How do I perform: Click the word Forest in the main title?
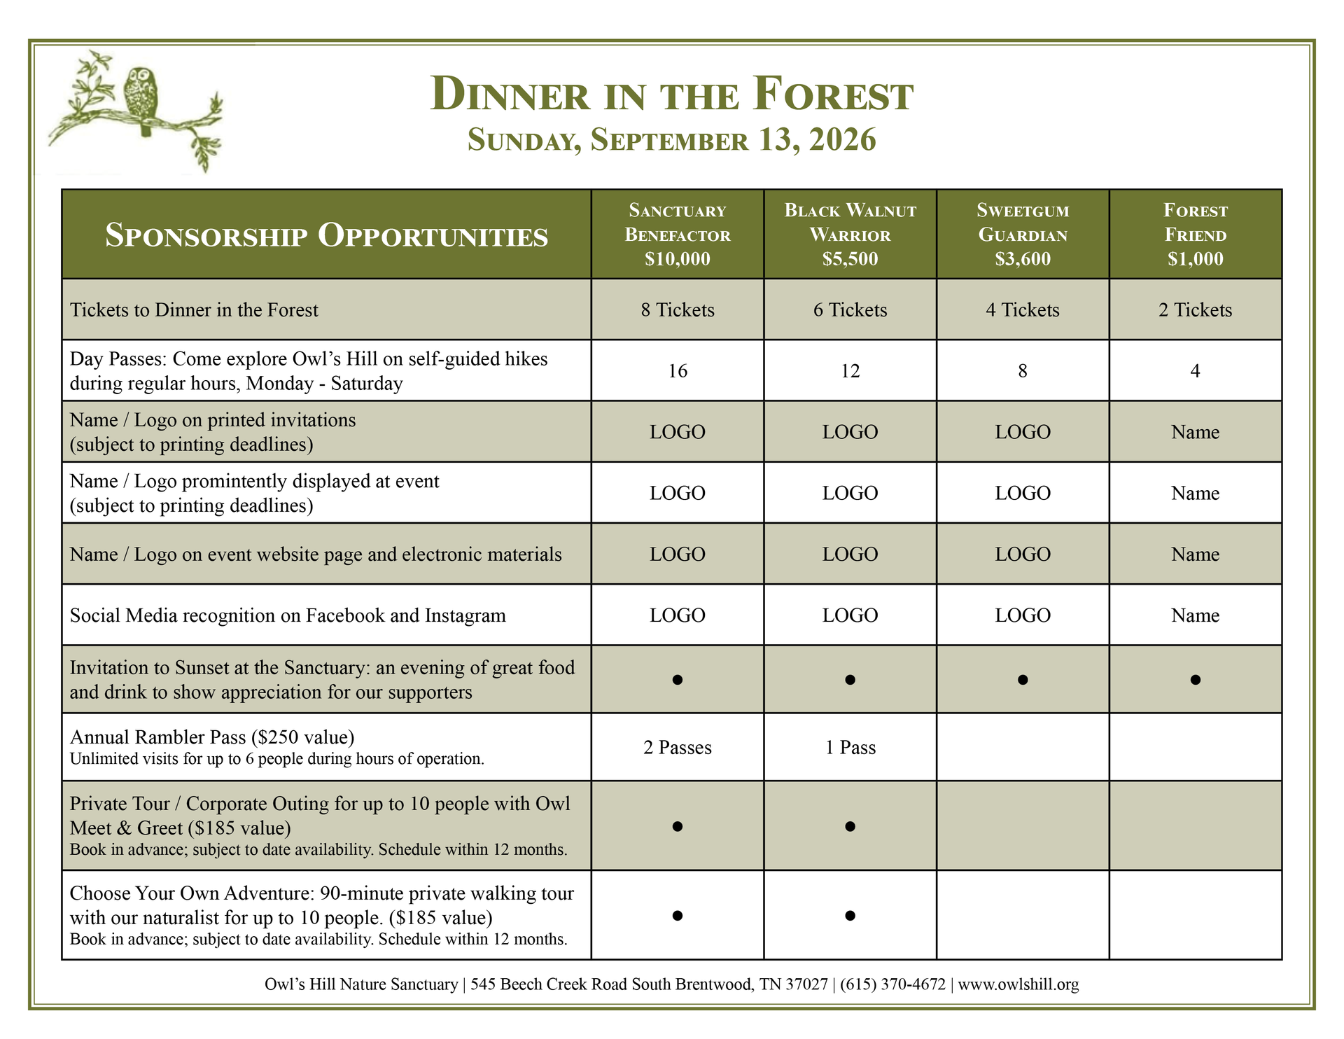pos(833,95)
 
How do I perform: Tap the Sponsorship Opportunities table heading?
pos(326,235)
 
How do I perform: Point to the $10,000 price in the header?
pos(677,259)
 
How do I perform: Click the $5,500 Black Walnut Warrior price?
pos(850,259)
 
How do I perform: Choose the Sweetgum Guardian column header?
pos(1022,223)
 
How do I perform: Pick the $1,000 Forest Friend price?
pos(1195,259)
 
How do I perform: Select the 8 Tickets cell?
pos(677,310)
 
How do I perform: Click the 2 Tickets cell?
pos(1195,310)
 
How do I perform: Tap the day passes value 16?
pos(677,371)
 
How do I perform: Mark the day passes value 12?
pos(850,371)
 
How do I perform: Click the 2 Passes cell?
pos(677,748)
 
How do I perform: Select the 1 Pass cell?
pos(850,748)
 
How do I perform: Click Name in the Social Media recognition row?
pos(1195,615)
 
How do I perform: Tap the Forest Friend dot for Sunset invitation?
pos(1195,679)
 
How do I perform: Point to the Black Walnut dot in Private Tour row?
pos(850,826)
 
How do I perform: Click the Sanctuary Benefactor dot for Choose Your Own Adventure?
pos(677,915)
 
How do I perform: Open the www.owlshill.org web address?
pos(1018,984)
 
